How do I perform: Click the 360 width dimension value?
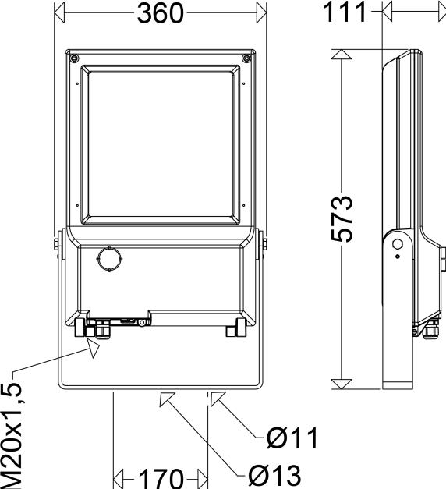pos(160,13)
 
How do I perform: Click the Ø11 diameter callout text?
pos(292,439)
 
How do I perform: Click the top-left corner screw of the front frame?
pos(73,58)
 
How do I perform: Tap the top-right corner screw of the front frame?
pos(246,58)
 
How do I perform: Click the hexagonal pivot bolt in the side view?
pos(398,245)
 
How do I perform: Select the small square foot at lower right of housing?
pos(232,331)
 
